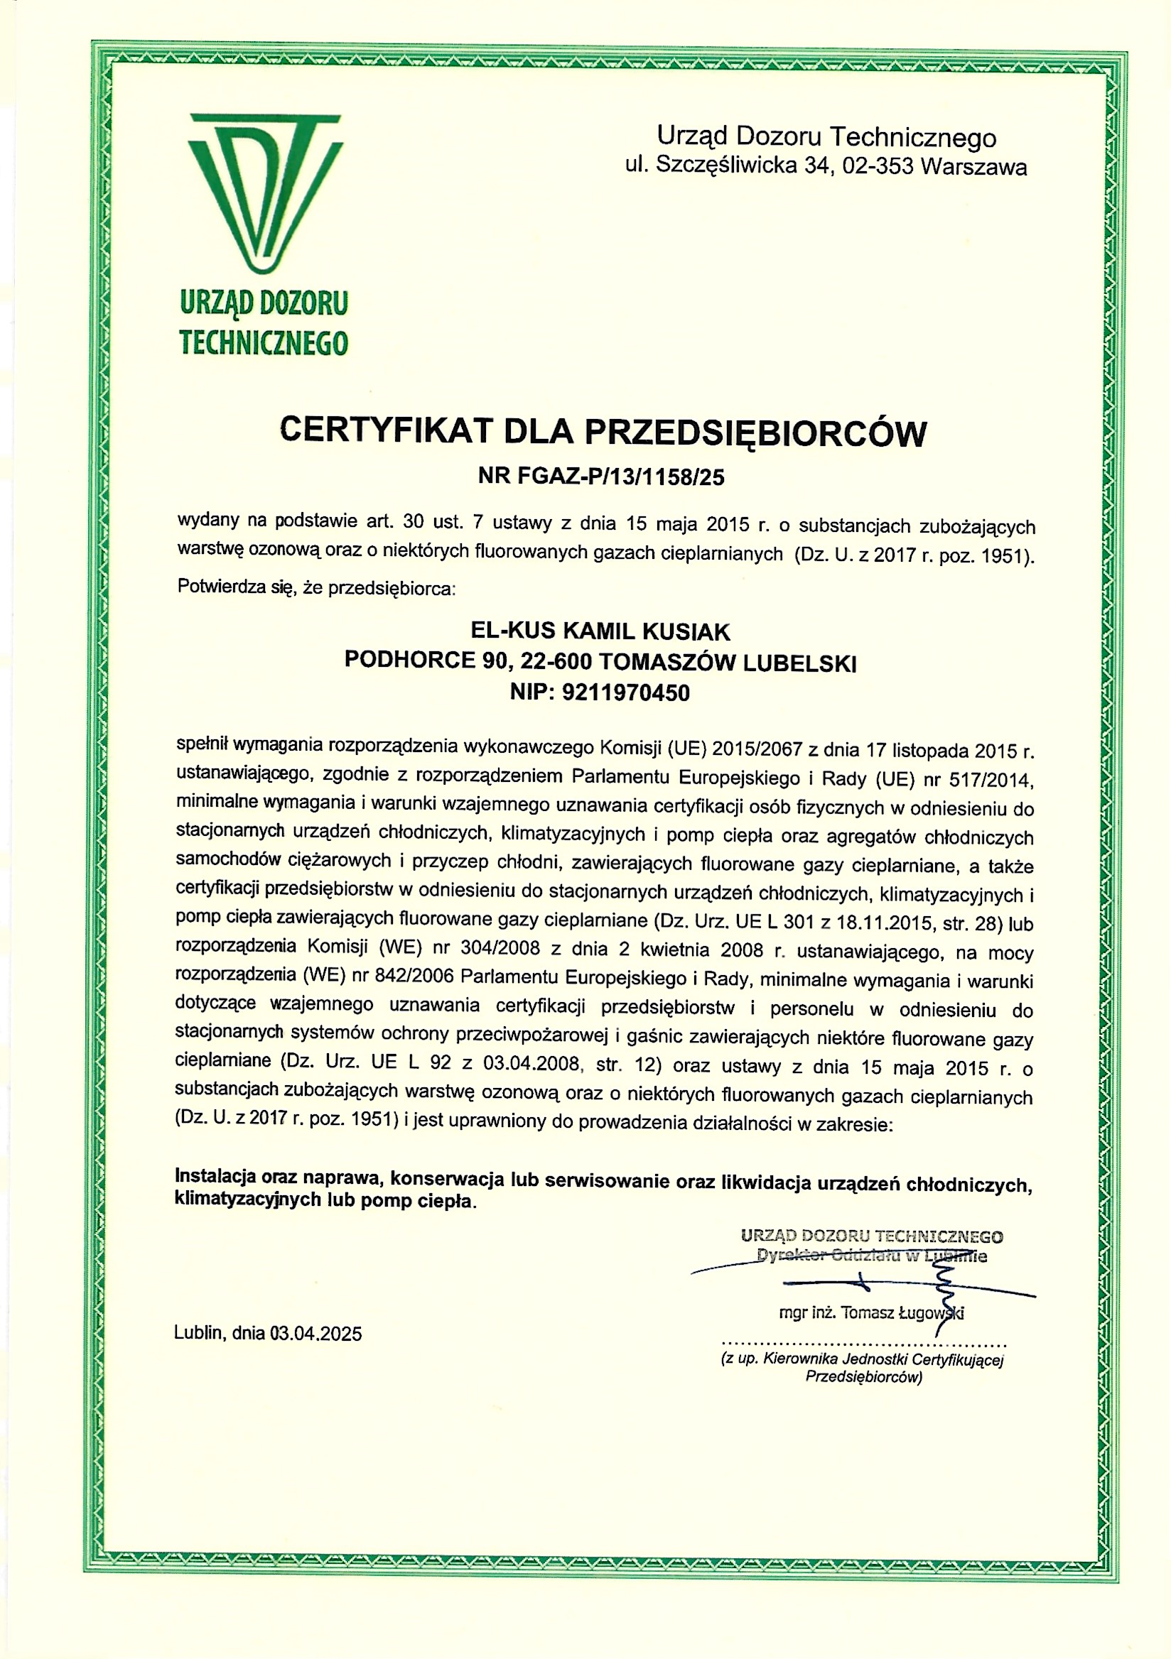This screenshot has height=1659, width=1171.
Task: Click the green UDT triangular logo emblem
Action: point(264,192)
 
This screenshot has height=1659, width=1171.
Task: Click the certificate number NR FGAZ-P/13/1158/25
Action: point(600,476)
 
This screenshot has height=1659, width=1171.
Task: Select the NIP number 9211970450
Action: point(625,693)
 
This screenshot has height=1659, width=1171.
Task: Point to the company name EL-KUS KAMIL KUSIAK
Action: point(600,631)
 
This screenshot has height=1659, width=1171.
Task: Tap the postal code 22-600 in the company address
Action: point(557,662)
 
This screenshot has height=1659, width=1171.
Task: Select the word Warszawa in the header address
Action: point(974,167)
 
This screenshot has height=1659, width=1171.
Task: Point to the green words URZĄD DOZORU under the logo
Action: point(264,303)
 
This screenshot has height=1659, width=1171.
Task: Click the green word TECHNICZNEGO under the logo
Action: point(264,342)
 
